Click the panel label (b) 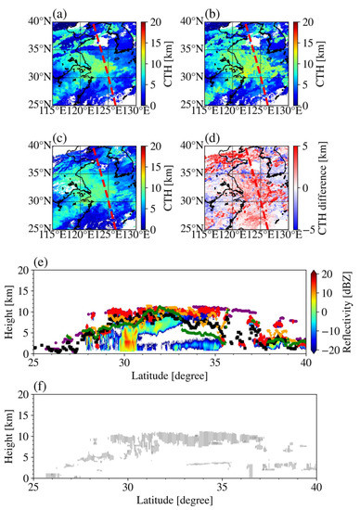click(223, 14)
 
